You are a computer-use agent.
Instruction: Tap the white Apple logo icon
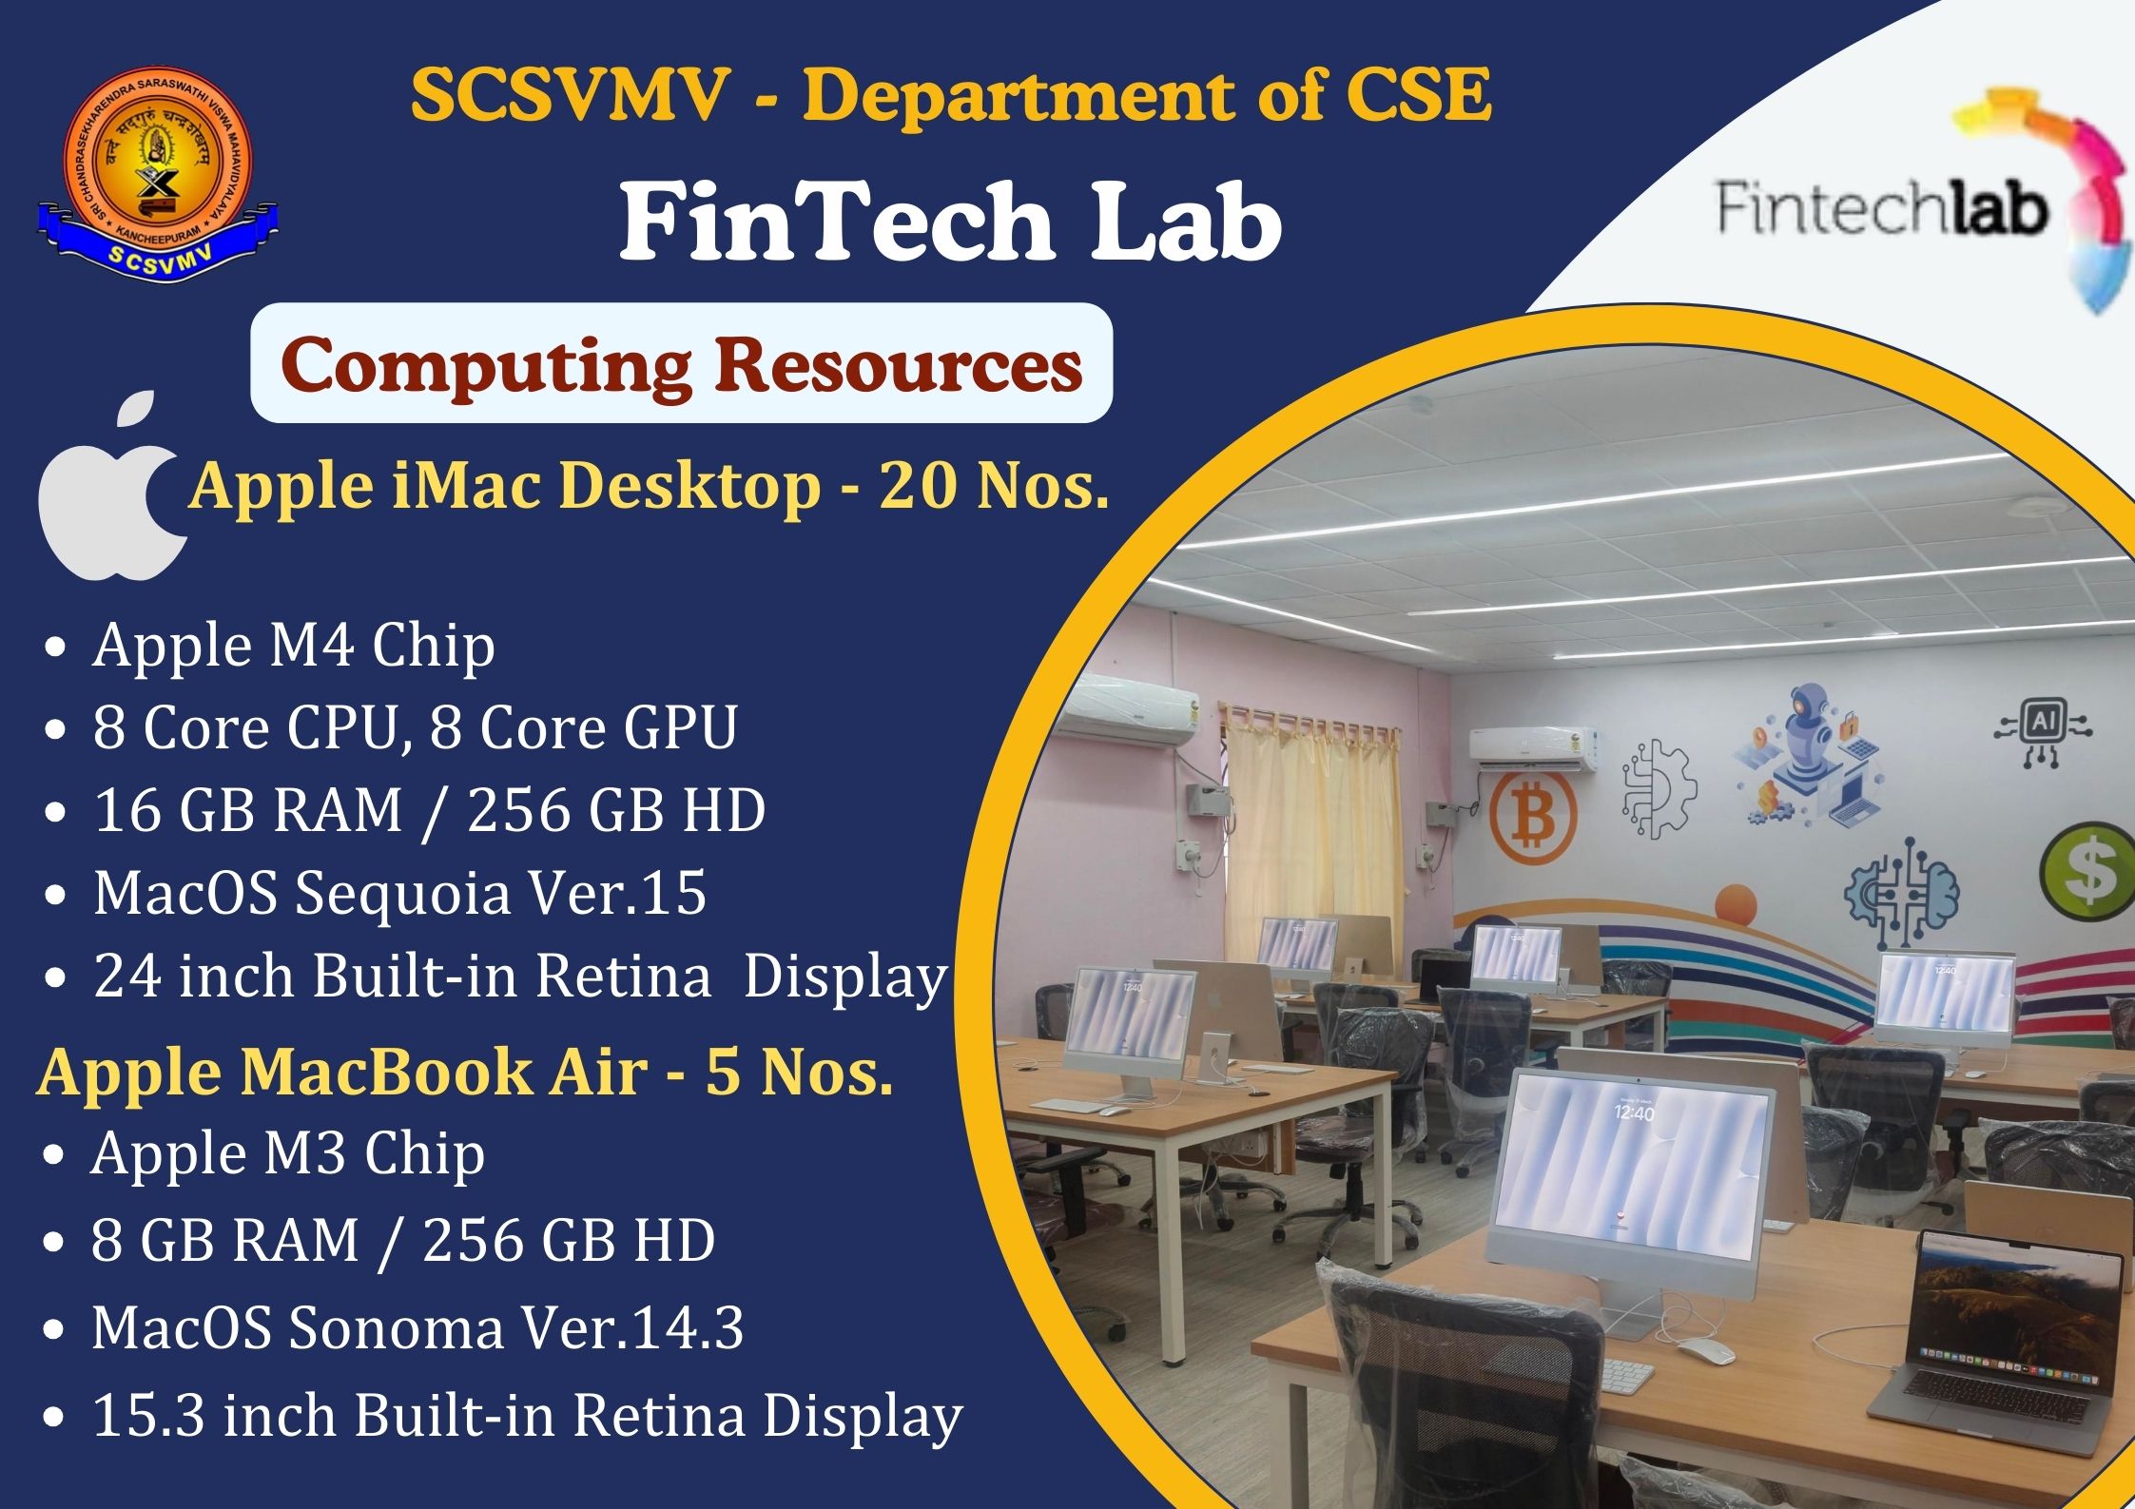(112, 485)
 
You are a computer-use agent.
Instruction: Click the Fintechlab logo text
(1882, 208)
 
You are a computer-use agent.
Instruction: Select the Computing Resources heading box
(681, 363)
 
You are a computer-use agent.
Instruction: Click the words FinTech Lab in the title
(950, 222)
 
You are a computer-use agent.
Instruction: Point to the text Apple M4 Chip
(294, 646)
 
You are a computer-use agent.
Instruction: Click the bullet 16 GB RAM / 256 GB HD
(429, 811)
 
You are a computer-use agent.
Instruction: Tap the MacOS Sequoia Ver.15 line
(399, 894)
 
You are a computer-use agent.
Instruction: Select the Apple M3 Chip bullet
(288, 1154)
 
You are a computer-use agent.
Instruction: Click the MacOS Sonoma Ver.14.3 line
(417, 1327)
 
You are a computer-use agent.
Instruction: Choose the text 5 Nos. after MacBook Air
(799, 1072)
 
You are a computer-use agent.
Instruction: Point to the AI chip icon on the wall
(2043, 732)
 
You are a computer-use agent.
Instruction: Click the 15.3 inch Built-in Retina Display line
(527, 1417)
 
